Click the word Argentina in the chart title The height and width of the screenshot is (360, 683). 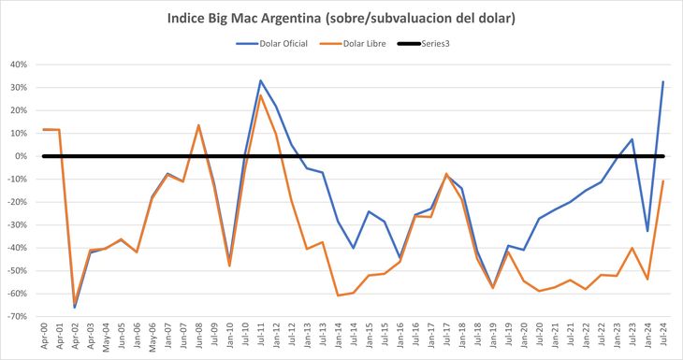[291, 19]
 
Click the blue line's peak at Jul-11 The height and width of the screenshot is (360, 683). [260, 80]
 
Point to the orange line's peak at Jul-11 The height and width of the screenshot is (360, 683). [260, 95]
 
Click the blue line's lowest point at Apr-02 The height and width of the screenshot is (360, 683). [75, 308]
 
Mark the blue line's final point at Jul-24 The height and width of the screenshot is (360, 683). [663, 81]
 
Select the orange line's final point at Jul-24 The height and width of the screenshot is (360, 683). [663, 180]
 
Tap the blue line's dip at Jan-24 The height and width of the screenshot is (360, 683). [647, 231]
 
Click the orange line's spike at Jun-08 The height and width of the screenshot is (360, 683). [198, 125]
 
